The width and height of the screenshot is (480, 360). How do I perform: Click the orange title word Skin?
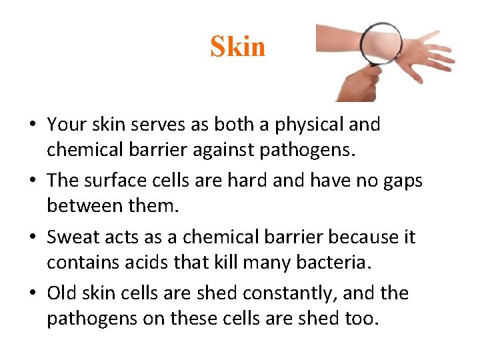(237, 47)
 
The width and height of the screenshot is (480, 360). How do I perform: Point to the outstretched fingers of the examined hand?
(437, 53)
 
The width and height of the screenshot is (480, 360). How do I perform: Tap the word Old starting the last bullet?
(63, 293)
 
